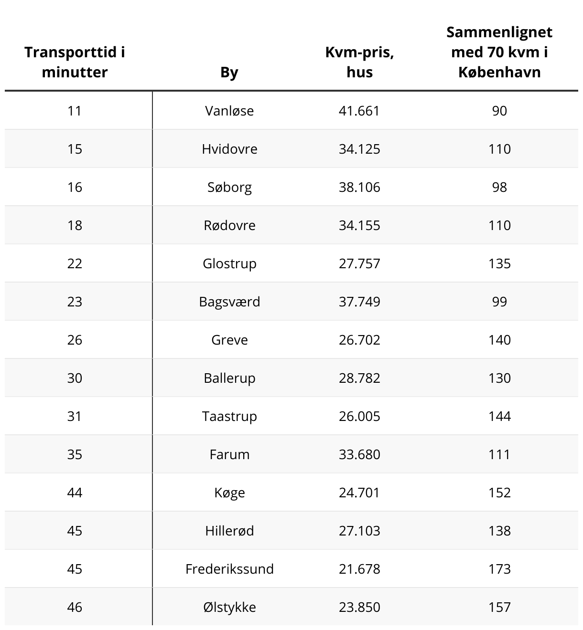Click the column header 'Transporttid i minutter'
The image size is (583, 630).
pyautogui.click(x=75, y=62)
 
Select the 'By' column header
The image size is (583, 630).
pyautogui.click(x=229, y=73)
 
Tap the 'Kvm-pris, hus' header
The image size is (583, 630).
pyautogui.click(x=359, y=62)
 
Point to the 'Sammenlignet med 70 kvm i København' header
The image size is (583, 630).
pyautogui.click(x=499, y=52)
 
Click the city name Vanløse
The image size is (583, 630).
pyautogui.click(x=229, y=111)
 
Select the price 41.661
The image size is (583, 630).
pyautogui.click(x=359, y=111)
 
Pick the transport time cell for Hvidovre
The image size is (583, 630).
pyautogui.click(x=75, y=149)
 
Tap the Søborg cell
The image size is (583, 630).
pyautogui.click(x=229, y=187)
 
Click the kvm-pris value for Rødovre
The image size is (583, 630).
pyautogui.click(x=359, y=225)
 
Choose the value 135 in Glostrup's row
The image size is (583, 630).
pyautogui.click(x=499, y=263)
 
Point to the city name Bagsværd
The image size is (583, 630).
pyautogui.click(x=229, y=302)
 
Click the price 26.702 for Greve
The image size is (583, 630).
pyautogui.click(x=359, y=340)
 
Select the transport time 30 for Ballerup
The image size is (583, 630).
pyautogui.click(x=75, y=378)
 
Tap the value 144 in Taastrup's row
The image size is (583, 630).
pyautogui.click(x=499, y=416)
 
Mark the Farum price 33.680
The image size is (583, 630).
pyautogui.click(x=359, y=454)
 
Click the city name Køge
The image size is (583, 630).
pyautogui.click(x=229, y=493)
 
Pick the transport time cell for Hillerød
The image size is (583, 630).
pyautogui.click(x=75, y=531)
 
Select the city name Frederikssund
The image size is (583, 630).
pyautogui.click(x=229, y=569)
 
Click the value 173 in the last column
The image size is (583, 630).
pyautogui.click(x=499, y=569)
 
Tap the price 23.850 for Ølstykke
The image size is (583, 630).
pyautogui.click(x=359, y=607)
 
